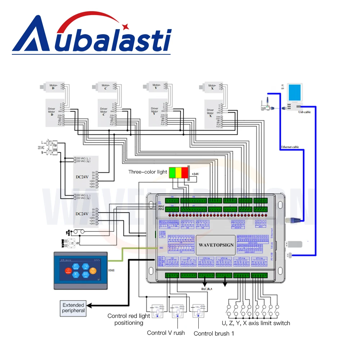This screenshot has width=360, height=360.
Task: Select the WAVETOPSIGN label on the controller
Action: (x=216, y=245)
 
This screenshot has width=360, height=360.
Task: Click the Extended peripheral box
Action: (x=73, y=308)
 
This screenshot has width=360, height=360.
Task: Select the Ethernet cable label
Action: (x=289, y=147)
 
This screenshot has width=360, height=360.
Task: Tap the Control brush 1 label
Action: (x=214, y=333)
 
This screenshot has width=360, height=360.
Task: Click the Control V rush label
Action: (x=166, y=333)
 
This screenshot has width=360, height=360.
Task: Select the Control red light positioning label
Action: (x=129, y=319)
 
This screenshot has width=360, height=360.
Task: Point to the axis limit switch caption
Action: (x=256, y=323)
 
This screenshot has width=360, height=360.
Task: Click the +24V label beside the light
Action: (x=195, y=174)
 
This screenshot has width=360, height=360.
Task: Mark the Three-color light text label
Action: (x=148, y=172)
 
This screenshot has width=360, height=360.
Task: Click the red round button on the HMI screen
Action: (x=68, y=270)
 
